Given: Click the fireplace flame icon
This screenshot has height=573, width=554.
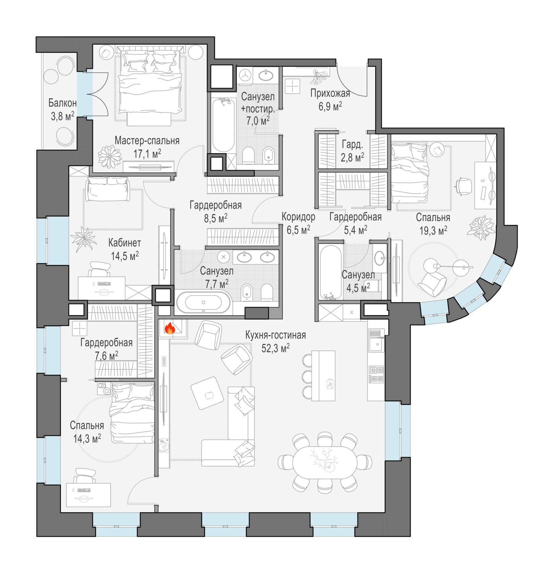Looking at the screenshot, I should coord(170,328).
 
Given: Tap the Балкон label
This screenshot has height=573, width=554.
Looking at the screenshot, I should coord(62,103).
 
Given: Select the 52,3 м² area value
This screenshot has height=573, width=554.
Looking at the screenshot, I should coord(275,348).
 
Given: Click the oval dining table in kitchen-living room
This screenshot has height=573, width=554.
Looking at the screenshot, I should coord(325,462).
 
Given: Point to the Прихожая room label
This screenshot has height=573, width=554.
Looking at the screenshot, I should coord(330,93).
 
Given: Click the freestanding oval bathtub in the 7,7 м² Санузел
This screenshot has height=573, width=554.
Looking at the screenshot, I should coord(203,303).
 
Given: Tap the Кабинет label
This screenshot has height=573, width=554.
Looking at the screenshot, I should coord(125,243).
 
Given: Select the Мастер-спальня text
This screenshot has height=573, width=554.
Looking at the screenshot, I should coord(147,141).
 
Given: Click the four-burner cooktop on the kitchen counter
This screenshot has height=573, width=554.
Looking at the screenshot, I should coord(376,374).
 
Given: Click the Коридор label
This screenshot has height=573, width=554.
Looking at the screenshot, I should coord(298,217).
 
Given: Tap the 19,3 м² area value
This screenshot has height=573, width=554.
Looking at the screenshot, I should coord(433,231).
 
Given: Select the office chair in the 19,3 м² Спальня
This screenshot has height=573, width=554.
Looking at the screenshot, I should coord(464,187).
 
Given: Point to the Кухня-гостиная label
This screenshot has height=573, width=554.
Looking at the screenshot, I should coord(275,335).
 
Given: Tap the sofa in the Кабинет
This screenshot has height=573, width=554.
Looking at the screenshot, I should coord(108,189).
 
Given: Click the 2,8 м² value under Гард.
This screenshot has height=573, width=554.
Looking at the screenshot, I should coord(352,157).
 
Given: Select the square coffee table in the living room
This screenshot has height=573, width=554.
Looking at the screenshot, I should coord(207,393).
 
